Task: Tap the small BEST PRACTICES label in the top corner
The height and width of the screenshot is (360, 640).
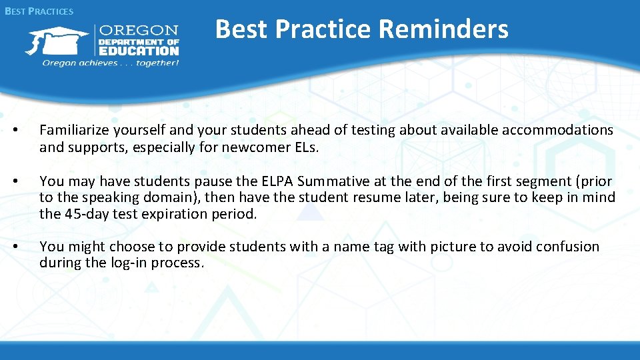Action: coord(39,11)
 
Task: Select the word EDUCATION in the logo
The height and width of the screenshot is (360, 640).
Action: coord(139,51)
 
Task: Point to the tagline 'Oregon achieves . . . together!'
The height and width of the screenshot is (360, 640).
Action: coord(111,63)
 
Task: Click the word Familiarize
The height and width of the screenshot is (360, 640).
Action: coord(76,130)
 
